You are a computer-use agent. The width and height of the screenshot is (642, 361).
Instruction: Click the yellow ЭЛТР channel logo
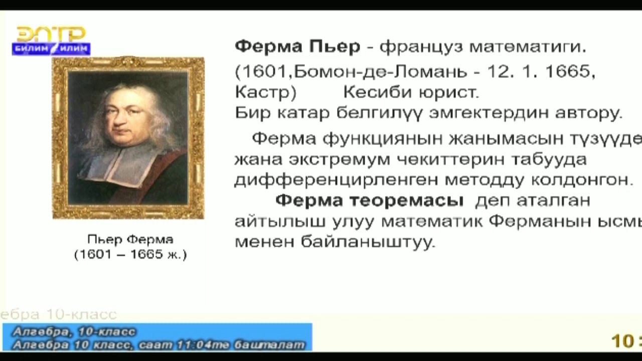pyautogui.click(x=51, y=34)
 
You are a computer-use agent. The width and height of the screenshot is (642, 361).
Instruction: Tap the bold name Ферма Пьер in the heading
pyautogui.click(x=297, y=47)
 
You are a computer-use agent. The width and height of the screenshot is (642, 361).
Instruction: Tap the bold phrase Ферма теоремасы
pyautogui.click(x=369, y=201)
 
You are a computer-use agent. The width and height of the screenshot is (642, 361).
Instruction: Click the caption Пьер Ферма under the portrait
pyautogui.click(x=130, y=239)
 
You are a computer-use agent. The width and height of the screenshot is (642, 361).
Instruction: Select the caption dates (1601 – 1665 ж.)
pyautogui.click(x=130, y=255)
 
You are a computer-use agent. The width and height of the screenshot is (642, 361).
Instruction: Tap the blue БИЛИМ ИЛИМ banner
pyautogui.click(x=51, y=49)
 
